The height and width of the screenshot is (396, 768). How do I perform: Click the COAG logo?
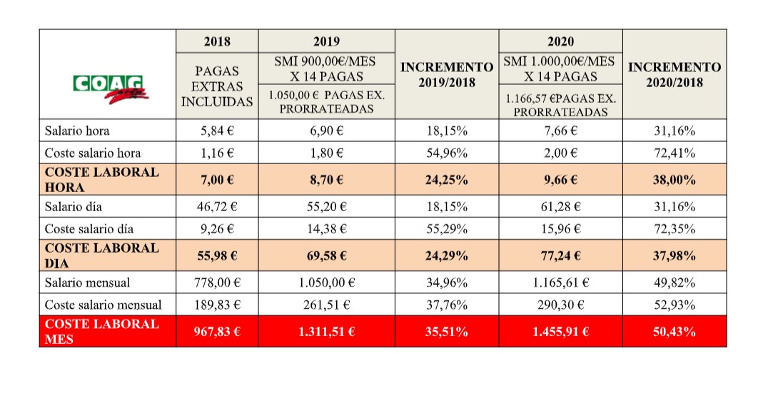click(x=108, y=88)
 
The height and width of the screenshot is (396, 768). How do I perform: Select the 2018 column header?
click(x=217, y=41)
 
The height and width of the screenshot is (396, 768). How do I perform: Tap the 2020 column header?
click(x=560, y=41)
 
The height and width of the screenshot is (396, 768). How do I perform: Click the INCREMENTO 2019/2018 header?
click(x=447, y=74)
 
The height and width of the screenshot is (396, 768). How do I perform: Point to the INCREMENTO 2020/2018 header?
click(x=674, y=74)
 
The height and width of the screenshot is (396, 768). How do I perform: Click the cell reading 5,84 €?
click(x=217, y=131)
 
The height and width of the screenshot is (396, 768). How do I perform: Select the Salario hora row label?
click(x=77, y=131)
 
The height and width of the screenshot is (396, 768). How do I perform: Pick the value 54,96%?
click(x=447, y=153)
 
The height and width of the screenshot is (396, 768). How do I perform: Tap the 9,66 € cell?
click(x=560, y=180)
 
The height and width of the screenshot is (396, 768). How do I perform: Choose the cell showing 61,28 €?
click(x=560, y=207)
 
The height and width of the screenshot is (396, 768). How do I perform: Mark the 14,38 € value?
click(x=326, y=229)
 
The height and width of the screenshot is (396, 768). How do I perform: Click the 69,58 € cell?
click(x=326, y=255)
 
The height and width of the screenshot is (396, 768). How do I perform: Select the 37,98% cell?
click(x=674, y=255)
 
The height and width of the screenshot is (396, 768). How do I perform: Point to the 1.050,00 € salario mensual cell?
click(x=326, y=283)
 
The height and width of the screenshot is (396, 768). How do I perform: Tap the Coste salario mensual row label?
click(x=103, y=305)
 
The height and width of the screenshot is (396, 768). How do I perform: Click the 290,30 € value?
click(x=560, y=305)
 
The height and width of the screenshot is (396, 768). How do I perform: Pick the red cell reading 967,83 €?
click(x=217, y=331)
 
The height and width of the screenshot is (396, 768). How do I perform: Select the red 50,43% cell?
click(x=674, y=331)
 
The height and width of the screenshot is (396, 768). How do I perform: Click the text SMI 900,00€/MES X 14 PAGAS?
click(x=326, y=68)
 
